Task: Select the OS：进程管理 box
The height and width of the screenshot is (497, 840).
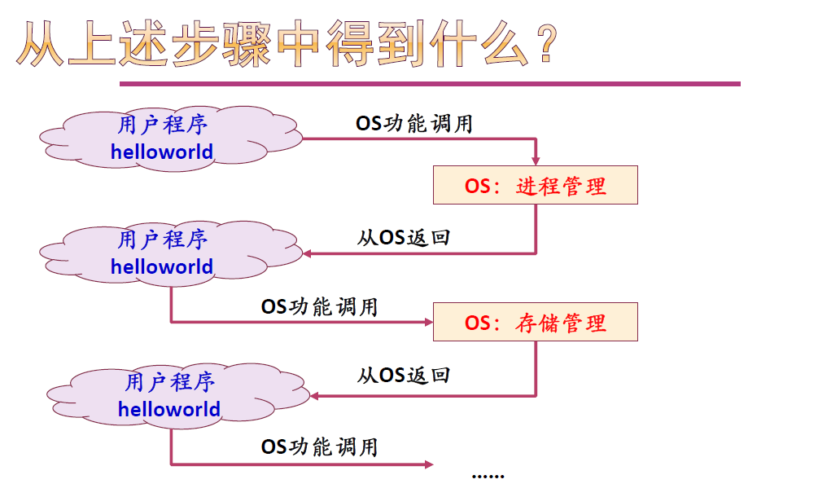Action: click(535, 186)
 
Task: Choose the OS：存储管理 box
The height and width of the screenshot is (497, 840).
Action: click(535, 323)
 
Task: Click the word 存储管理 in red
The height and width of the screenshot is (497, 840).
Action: click(562, 323)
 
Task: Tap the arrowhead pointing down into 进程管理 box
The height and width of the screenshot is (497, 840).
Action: click(536, 161)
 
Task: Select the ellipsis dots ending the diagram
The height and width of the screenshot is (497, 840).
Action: click(488, 475)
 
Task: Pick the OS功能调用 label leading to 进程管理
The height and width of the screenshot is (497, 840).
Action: click(413, 124)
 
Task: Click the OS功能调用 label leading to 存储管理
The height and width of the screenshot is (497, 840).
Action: click(319, 307)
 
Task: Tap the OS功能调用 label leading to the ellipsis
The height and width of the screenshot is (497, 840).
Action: click(319, 446)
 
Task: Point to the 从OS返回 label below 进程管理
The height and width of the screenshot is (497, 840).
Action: click(404, 238)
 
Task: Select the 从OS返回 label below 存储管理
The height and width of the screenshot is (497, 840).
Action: click(404, 376)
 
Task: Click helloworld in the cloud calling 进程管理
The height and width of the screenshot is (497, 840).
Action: click(162, 152)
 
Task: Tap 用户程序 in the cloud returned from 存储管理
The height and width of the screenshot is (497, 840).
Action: click(169, 382)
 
